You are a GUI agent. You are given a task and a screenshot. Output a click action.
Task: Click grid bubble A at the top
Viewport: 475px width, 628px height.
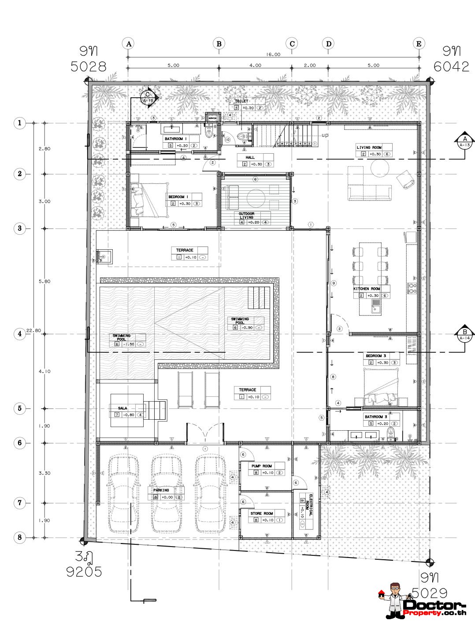coord(128,43)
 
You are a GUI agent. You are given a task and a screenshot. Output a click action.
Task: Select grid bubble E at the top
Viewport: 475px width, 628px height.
coord(419,43)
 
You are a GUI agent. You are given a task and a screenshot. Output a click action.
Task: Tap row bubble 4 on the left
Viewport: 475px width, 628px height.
coord(19,334)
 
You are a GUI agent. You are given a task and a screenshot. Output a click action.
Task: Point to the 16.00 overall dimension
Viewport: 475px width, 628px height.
coord(273,55)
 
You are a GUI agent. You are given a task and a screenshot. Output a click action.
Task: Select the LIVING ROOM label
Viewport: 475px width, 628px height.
coord(369,147)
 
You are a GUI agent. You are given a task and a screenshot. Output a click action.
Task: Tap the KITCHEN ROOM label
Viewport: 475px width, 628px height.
coord(367,289)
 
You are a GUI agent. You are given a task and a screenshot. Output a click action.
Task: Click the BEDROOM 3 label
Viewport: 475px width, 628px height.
coord(376,356)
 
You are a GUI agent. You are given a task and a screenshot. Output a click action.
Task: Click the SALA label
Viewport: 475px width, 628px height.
coord(122,408)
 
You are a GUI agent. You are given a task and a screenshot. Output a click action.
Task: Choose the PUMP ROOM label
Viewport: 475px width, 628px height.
coord(261,466)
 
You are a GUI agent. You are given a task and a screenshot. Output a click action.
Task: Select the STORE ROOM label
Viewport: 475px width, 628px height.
coord(261,513)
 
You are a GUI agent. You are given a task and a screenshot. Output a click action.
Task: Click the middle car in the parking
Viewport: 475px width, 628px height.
coord(166,493)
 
